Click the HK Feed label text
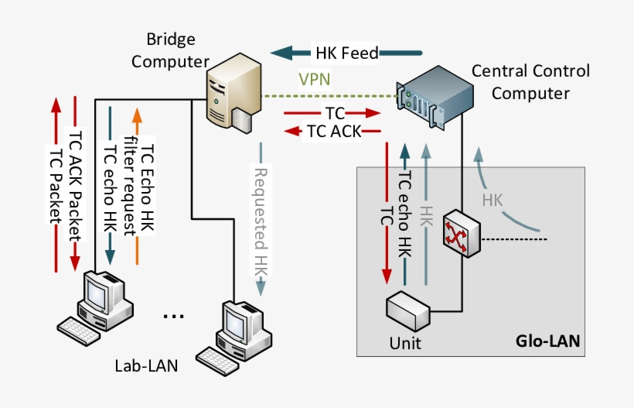pos(346,53)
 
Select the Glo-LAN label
pos(547,341)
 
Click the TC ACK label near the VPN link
pos(333,131)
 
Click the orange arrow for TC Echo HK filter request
pos(137,186)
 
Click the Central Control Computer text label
pos(530,82)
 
